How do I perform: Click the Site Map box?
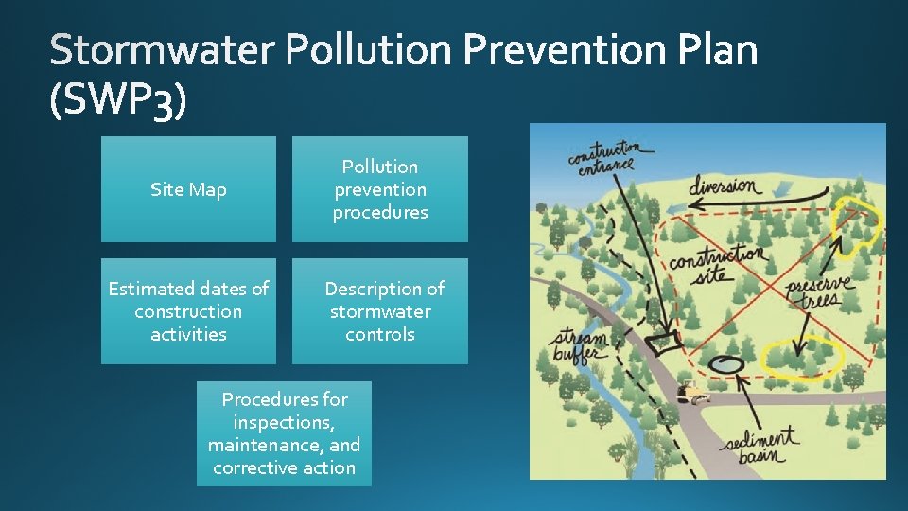point(188,189)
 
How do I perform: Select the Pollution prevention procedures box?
point(379,189)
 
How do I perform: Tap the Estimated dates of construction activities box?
point(188,311)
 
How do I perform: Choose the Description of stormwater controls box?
point(379,311)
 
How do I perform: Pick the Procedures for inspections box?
point(284,433)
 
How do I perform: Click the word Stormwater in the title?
point(160,50)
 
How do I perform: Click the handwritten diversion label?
point(723,185)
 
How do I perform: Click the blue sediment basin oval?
point(727,363)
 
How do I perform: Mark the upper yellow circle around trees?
point(855,218)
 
